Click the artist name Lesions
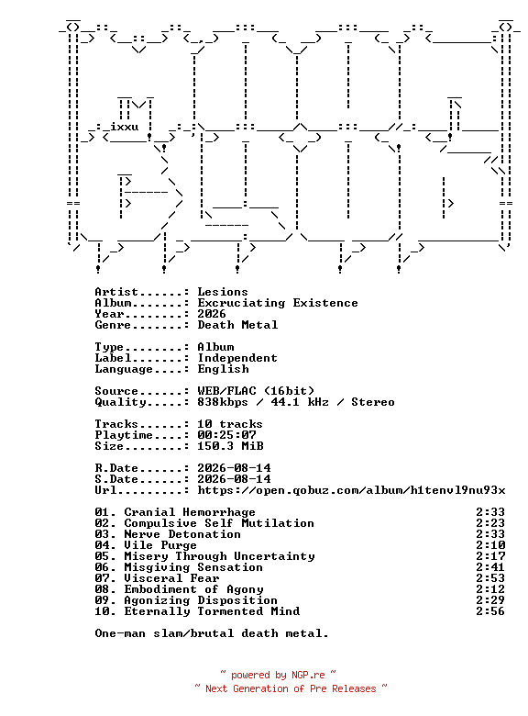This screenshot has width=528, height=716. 223,292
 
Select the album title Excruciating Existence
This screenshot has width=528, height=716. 278,303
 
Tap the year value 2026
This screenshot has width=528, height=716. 212,314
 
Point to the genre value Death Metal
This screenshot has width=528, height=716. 237,325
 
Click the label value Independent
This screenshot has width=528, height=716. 237,358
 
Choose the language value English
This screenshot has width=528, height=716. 223,369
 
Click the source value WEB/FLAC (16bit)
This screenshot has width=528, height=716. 256,391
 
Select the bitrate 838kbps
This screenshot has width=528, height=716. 223,402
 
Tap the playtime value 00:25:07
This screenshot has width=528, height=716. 226,435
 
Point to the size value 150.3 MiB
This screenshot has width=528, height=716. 230,446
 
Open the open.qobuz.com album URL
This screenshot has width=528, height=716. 352,490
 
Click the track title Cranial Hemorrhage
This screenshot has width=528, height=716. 190,512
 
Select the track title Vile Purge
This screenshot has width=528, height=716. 160,545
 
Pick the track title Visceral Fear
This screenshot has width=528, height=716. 171,578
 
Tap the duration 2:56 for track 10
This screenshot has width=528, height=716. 490,611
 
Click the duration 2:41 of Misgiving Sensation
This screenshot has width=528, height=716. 490,567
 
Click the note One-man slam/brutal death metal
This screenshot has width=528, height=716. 212,633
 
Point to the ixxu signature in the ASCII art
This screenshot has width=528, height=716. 124,127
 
